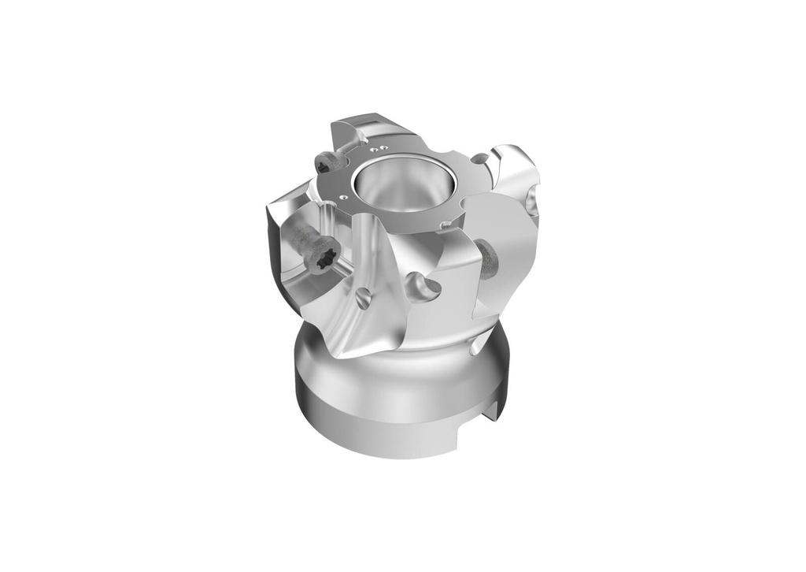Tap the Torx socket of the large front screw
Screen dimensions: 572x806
click(324, 258)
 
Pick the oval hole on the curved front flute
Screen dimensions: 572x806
click(362, 298)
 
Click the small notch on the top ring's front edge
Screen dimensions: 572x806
click(446, 227)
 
